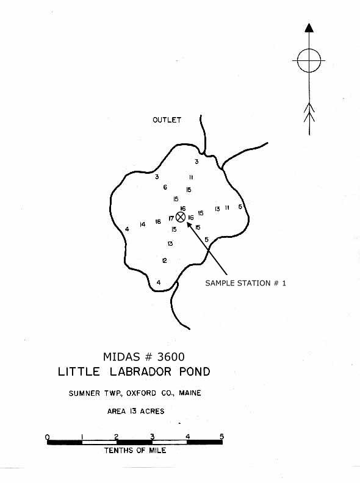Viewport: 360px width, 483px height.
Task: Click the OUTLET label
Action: click(x=167, y=120)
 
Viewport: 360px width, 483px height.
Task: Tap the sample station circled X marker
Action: click(x=181, y=217)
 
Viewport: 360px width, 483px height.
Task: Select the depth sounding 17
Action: click(x=171, y=218)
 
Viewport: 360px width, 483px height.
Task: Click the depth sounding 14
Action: click(x=142, y=224)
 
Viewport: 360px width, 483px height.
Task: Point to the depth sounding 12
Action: click(x=165, y=260)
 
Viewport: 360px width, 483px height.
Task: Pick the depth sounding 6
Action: click(x=165, y=187)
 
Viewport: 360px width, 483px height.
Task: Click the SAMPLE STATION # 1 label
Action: click(x=246, y=283)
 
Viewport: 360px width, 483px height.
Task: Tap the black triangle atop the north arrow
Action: click(x=309, y=27)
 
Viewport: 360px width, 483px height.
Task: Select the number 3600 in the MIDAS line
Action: click(x=171, y=357)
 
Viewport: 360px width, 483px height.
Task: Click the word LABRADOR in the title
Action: click(x=140, y=371)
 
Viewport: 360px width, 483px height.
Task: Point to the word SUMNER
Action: click(x=80, y=393)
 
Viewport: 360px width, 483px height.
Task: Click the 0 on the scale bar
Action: click(x=47, y=437)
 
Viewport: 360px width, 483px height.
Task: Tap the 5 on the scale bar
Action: click(x=221, y=437)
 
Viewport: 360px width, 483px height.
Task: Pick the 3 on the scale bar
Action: click(x=153, y=437)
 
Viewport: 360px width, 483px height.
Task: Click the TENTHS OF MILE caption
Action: click(x=135, y=450)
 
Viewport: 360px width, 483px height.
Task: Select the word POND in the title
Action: click(x=195, y=371)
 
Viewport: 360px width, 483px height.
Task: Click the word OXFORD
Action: click(x=141, y=393)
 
